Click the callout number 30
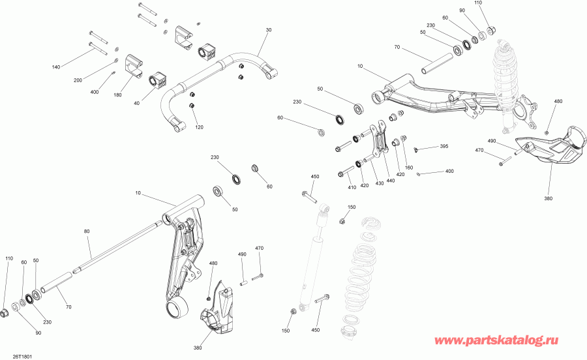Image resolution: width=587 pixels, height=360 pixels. pos(268,30)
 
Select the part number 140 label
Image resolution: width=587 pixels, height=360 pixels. pos(55,68)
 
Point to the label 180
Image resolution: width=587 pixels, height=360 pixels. pos(118,95)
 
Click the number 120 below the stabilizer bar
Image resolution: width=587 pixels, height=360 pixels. pos(199,127)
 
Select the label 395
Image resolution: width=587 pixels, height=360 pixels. pos(444,146)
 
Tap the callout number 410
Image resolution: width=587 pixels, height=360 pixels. pos(352,188)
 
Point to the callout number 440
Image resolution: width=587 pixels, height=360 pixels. pos(390,181)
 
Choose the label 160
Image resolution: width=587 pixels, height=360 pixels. pos(409,168)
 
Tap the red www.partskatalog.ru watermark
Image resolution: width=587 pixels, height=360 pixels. pos(505,340)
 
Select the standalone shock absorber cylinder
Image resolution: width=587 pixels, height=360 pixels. pos(312,261)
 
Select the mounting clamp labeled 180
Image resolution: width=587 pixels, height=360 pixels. pos(135,66)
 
